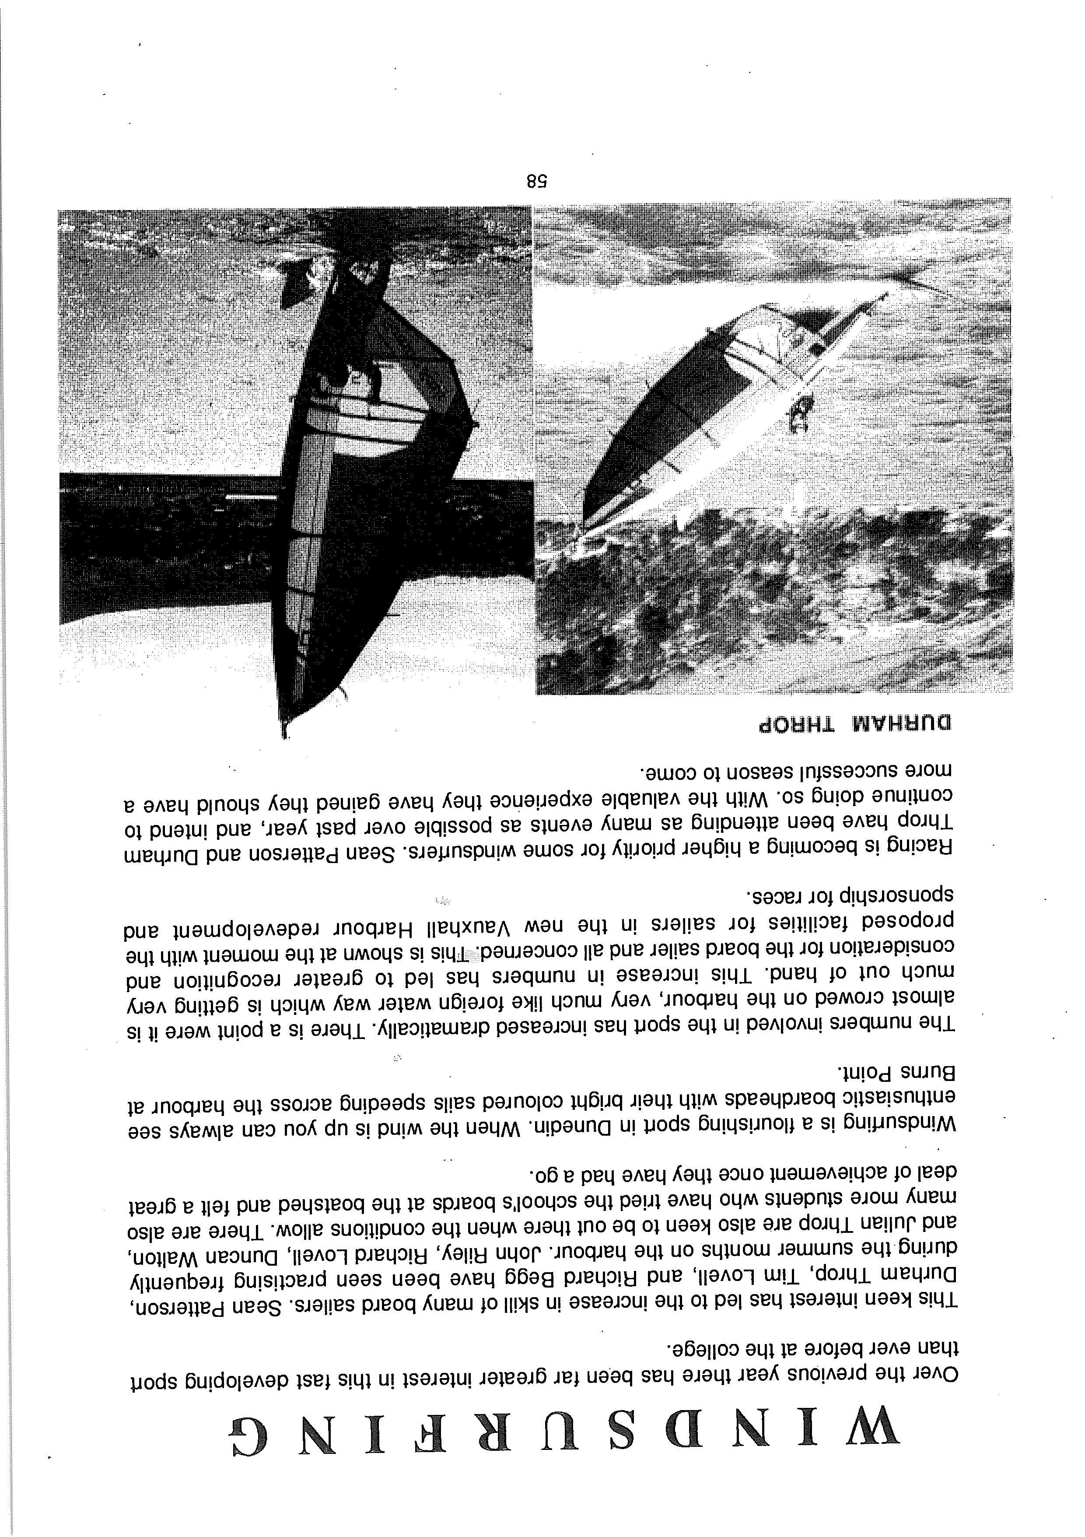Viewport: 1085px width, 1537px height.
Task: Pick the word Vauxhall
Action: [x=473, y=928]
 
